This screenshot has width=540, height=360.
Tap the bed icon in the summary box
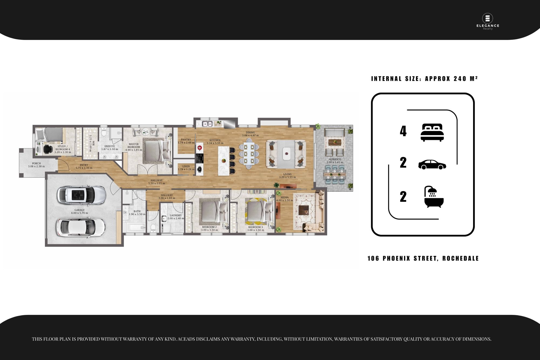(432, 132)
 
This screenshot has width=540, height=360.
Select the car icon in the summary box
(432, 164)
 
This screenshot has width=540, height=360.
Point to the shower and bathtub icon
(434, 197)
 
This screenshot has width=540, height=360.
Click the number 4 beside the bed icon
(403, 131)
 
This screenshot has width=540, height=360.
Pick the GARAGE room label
(80, 210)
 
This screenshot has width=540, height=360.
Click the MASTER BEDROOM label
(134, 146)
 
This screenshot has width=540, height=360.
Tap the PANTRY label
(186, 140)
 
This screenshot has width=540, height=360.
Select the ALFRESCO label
(335, 159)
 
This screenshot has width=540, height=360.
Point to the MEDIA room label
(285, 197)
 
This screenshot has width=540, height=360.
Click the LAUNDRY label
(176, 215)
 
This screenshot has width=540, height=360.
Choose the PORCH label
(36, 163)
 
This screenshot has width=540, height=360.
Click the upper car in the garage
(81, 195)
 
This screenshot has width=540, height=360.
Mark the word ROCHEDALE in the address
(460, 258)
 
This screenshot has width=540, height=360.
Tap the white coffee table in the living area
(287, 154)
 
